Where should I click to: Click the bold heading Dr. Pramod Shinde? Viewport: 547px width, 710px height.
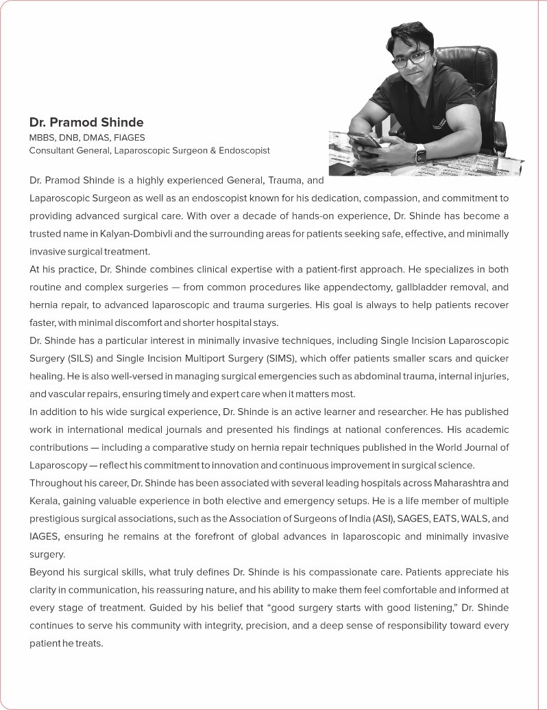(x=86, y=123)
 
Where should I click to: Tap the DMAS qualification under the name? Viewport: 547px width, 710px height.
(x=101, y=137)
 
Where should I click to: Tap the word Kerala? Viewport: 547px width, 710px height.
(x=44, y=501)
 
